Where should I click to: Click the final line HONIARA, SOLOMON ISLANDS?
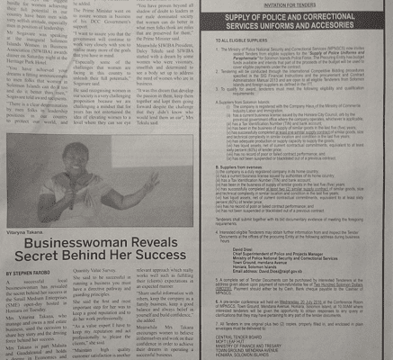point(261,356)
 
